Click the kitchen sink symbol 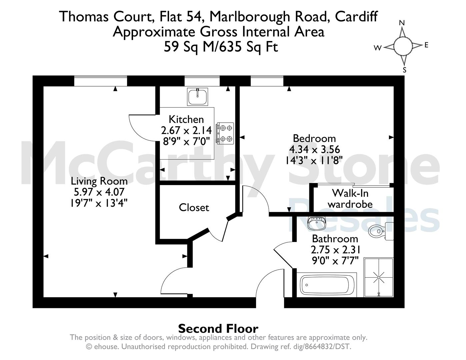[198, 97]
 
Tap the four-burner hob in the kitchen [225, 133]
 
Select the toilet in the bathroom [380, 230]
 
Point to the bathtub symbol [328, 285]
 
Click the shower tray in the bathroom [379, 277]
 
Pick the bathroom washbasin [316, 223]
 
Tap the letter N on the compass [402, 23]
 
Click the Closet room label [194, 208]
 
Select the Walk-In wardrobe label [350, 198]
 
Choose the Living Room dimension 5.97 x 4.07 [99, 192]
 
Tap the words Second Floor [218, 329]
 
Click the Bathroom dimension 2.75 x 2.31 [335, 250]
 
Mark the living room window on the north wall [100, 81]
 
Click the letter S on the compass [405, 70]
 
